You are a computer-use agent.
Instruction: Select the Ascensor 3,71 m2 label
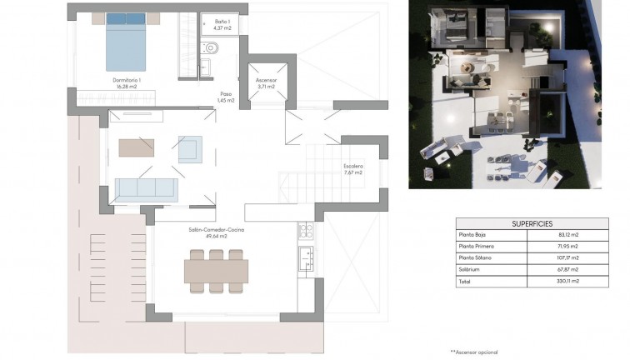point(267,83)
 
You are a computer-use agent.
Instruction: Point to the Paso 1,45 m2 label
point(226,97)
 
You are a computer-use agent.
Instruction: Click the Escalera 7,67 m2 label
point(352,170)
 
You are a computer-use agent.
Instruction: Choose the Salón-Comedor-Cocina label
point(216,232)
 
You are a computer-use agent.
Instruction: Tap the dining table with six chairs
point(216,272)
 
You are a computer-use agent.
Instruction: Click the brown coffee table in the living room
point(137,147)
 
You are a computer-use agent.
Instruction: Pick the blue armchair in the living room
point(190,148)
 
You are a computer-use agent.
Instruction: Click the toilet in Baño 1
point(212,47)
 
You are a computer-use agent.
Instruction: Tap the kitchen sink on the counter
point(306,255)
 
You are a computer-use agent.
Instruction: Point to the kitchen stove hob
point(306,230)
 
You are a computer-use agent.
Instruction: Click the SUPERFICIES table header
point(532,224)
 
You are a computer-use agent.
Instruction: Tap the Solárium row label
point(472,270)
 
